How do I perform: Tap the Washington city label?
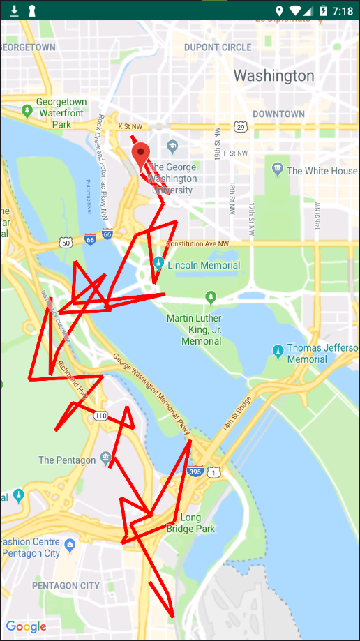click(273, 75)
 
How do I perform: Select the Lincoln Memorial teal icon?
click(159, 264)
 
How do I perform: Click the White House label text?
click(322, 171)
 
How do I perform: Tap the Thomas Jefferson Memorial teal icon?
click(278, 349)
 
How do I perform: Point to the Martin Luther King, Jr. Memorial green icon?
click(211, 298)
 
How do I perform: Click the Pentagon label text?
click(67, 460)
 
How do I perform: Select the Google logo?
click(26, 626)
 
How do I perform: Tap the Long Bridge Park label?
click(190, 523)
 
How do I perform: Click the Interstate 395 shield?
click(196, 472)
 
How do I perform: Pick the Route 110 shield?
click(100, 416)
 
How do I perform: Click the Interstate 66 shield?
click(91, 239)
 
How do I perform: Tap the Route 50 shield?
click(66, 242)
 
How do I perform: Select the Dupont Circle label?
click(218, 47)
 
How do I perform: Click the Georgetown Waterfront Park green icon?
click(27, 110)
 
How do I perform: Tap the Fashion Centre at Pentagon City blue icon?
click(69, 544)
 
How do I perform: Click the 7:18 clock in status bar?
click(343, 10)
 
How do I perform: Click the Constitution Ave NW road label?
click(197, 244)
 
